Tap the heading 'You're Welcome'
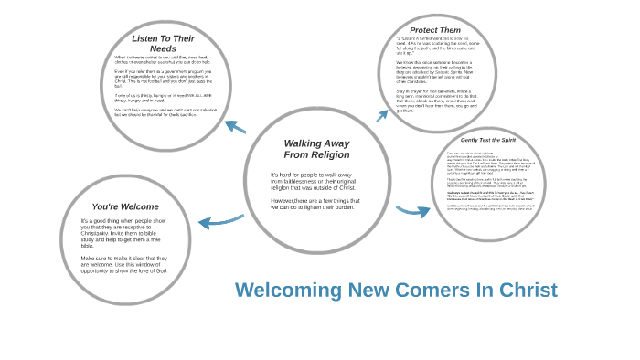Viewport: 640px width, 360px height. (125, 206)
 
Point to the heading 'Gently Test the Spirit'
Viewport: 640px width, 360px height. (488, 140)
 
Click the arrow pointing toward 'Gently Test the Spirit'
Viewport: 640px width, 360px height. (413, 211)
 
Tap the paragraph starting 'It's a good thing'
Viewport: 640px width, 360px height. (124, 233)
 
